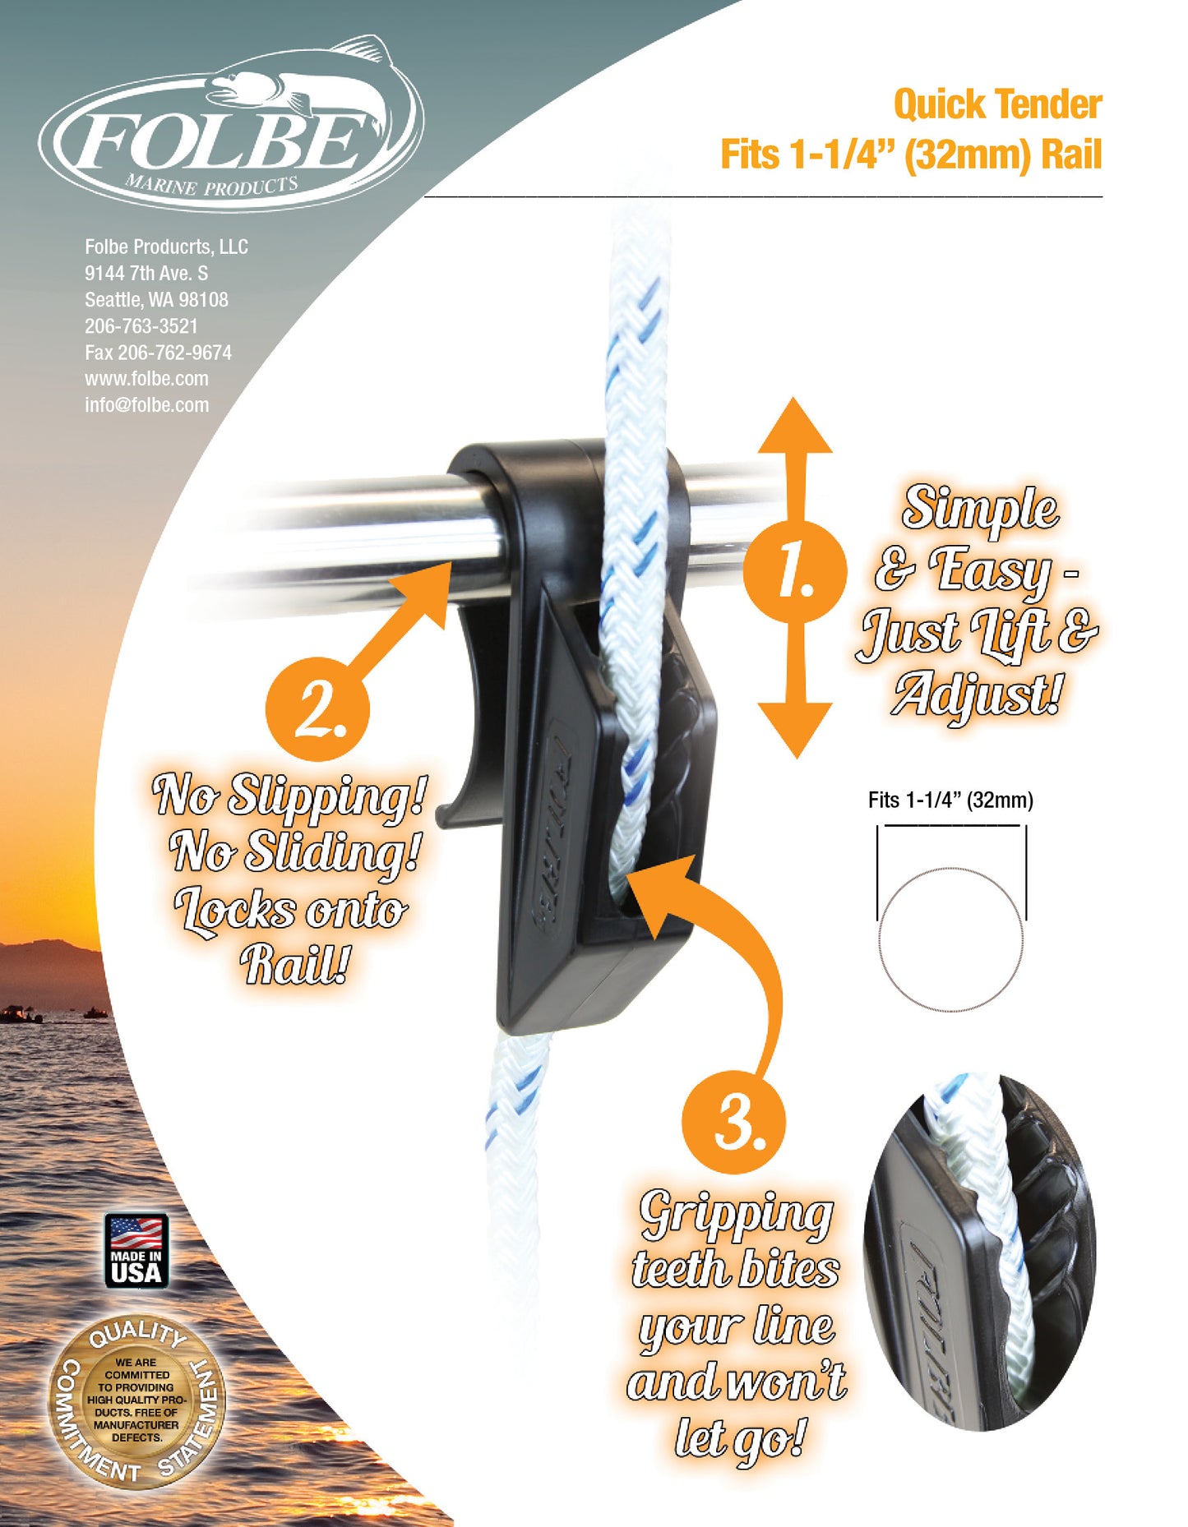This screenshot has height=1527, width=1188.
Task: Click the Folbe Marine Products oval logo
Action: tap(231, 131)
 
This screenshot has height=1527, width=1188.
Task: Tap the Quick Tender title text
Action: tap(997, 104)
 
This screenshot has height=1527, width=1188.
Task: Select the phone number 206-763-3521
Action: tap(141, 326)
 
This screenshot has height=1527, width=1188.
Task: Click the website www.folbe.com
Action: tap(146, 379)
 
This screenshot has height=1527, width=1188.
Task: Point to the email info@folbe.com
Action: tap(146, 405)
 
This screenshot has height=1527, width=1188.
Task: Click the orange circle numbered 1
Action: tap(794, 571)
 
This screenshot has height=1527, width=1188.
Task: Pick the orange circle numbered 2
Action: tap(317, 708)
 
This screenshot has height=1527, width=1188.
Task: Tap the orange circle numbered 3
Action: tap(733, 1122)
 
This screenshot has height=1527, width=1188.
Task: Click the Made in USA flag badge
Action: tap(136, 1250)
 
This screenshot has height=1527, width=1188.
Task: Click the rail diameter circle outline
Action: tap(951, 939)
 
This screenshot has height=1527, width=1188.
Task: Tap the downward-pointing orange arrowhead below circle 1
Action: tap(795, 729)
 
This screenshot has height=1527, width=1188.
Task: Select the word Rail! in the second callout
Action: tap(295, 963)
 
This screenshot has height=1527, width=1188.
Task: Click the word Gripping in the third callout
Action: tap(737, 1215)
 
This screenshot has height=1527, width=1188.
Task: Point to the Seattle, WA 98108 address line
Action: tap(156, 300)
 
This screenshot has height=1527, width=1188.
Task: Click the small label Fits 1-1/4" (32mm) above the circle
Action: tap(950, 800)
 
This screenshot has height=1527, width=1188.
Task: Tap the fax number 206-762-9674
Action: tap(174, 353)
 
